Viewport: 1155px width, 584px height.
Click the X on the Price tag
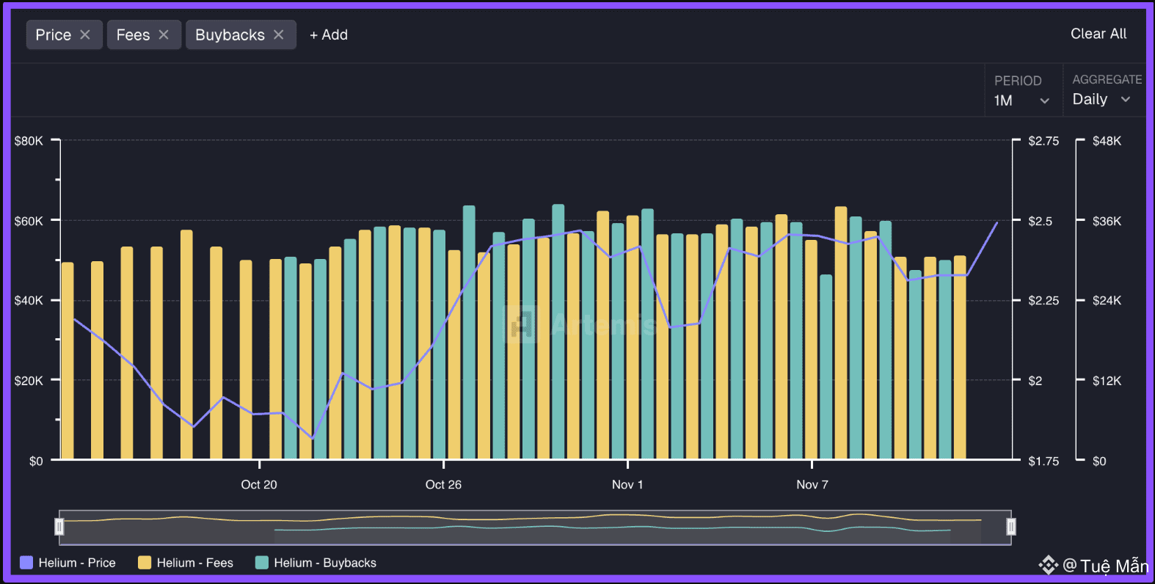85,34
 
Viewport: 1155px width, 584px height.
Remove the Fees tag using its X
164,34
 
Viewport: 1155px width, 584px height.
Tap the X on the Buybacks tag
279,34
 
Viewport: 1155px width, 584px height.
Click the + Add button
329,34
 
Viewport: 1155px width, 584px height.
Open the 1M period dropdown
1022,101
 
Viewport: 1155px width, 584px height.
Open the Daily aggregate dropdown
1101,99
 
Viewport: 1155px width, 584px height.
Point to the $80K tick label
29,141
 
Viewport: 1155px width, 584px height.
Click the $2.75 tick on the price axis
1043,141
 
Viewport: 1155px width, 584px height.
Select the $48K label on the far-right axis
1107,141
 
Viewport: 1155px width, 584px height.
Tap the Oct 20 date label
259,484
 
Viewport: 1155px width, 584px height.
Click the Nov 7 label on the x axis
812,484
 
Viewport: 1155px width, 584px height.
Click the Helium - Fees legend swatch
145,563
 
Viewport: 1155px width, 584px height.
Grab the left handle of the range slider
59,527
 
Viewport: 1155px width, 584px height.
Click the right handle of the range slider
1010,527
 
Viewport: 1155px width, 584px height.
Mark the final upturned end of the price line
996,223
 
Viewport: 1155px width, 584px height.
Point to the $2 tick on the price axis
1035,381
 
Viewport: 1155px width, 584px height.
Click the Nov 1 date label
627,484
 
